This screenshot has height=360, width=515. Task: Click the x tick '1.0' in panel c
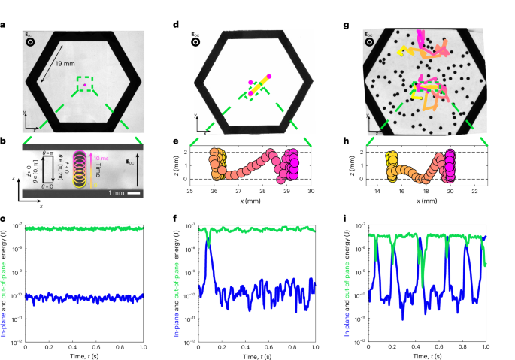143,346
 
